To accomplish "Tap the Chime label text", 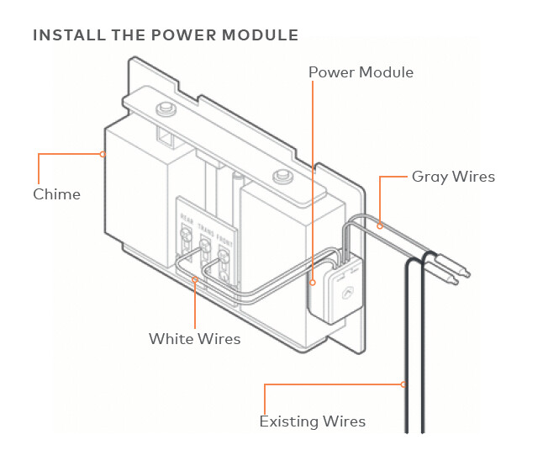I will tap(56, 194).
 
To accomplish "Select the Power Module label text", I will tap(361, 72).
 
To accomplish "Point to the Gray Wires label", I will tap(453, 177).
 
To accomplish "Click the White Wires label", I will tap(194, 339).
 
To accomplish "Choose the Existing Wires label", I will tap(312, 421).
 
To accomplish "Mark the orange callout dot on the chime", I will tap(102, 154).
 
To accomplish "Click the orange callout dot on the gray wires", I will tap(380, 225).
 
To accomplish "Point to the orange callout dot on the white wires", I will tap(194, 279).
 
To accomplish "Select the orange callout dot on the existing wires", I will tap(405, 385).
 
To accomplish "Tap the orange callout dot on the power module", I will tap(312, 283).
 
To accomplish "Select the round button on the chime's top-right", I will tap(280, 177).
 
